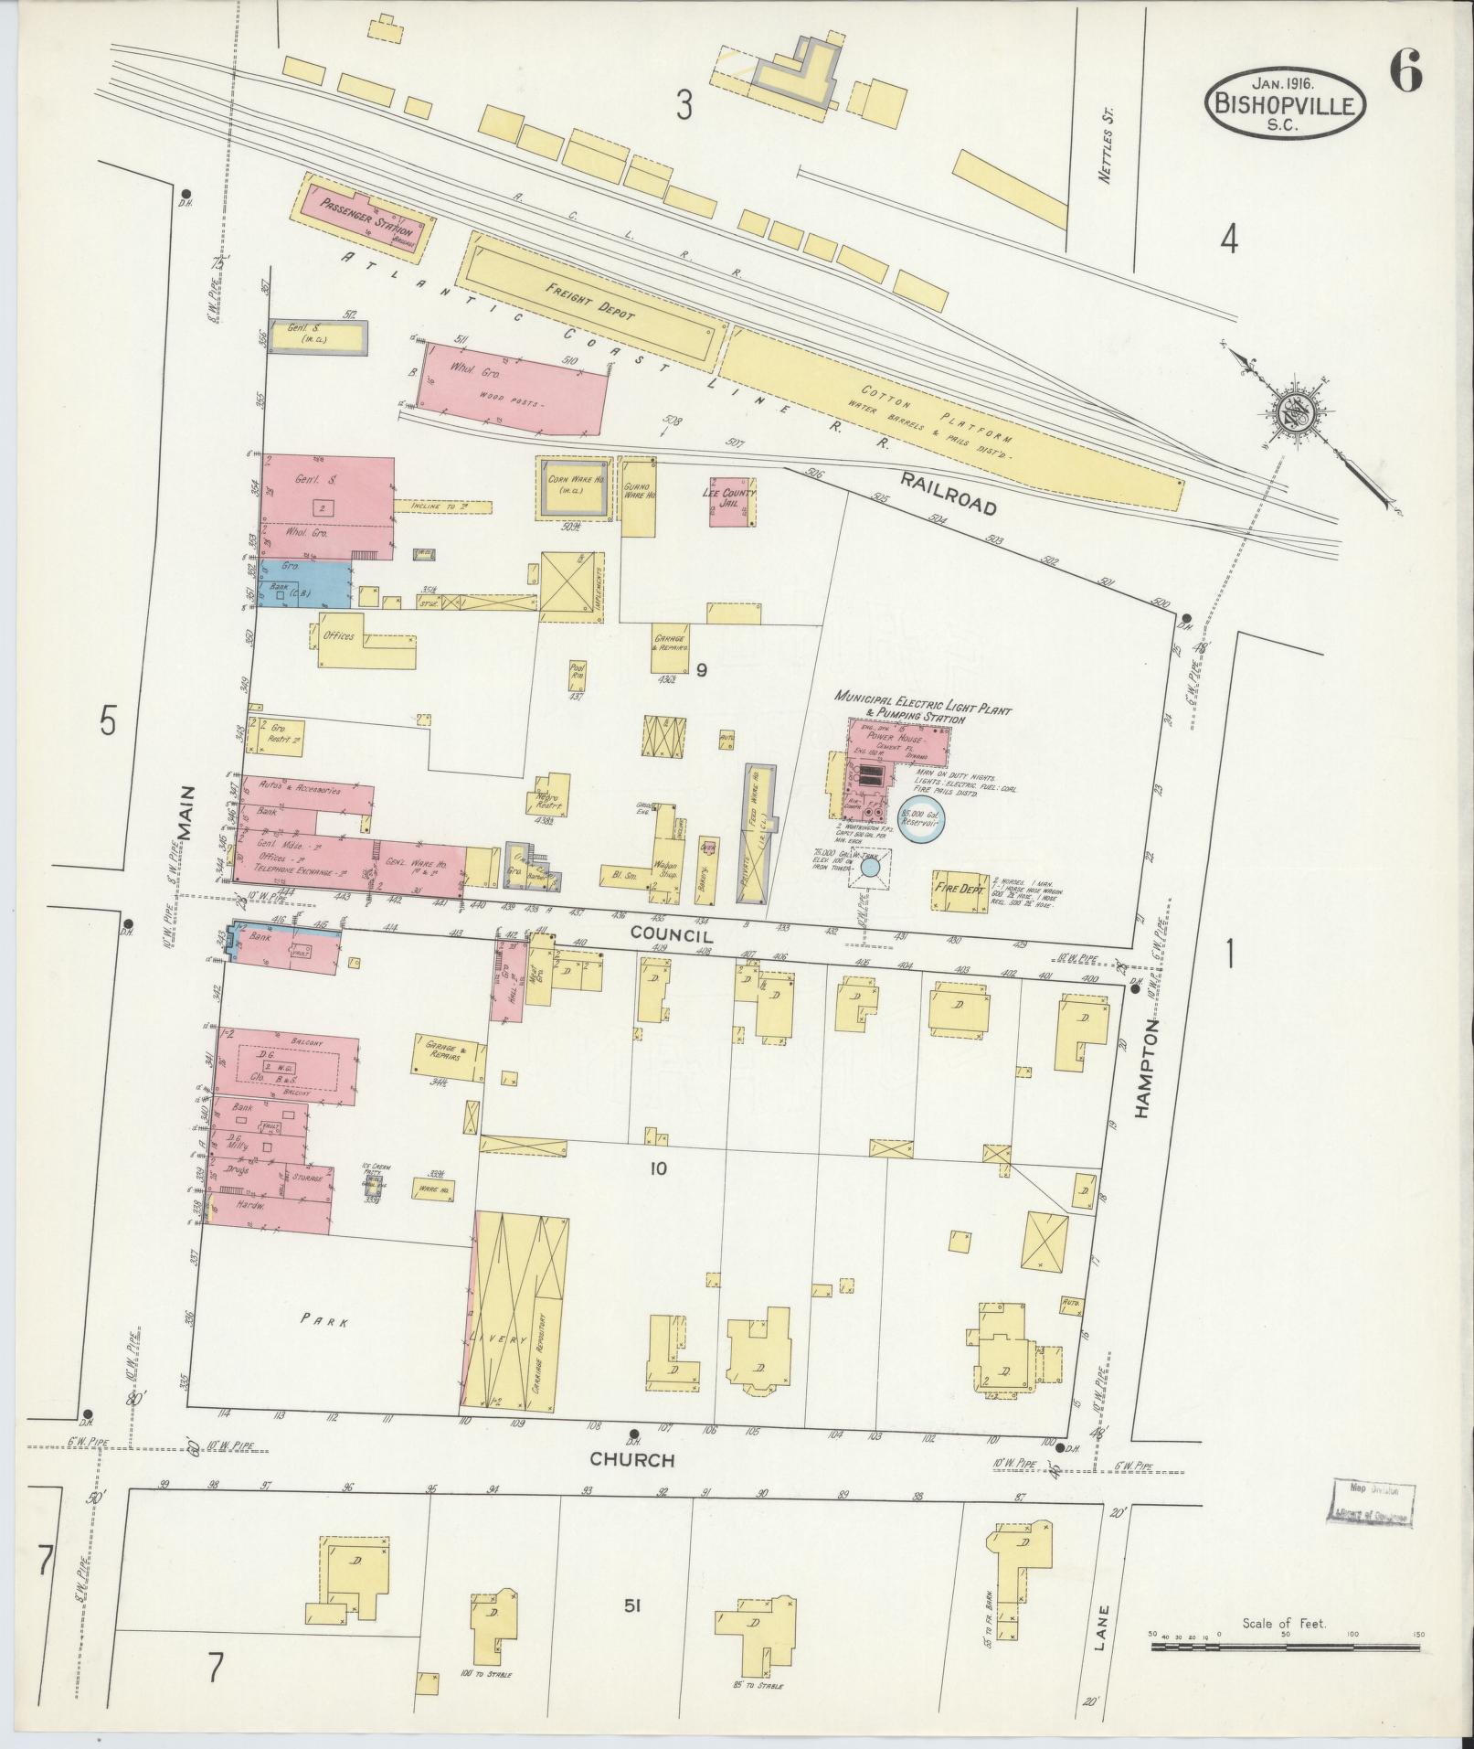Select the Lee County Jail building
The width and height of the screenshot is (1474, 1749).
(x=731, y=502)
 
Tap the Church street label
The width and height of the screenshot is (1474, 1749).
(x=631, y=1460)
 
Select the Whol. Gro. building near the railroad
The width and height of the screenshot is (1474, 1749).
(x=512, y=384)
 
